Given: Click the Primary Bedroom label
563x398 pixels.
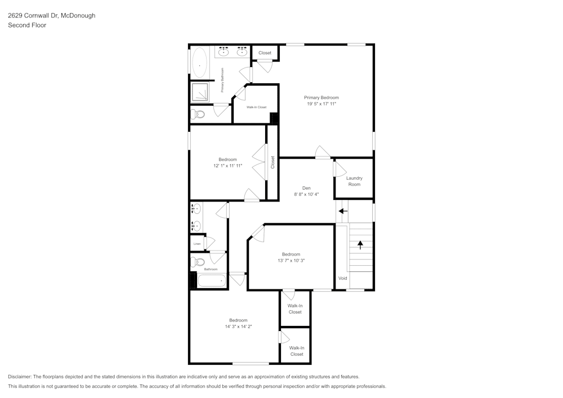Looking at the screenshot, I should point(321,97).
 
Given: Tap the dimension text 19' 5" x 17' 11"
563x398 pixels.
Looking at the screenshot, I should point(321,104).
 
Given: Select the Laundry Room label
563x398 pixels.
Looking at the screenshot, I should point(354,181).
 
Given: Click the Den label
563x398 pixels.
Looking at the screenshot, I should point(306,188).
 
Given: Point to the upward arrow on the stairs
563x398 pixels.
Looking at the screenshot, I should point(360,245).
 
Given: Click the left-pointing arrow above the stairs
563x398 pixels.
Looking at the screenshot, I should point(343,211).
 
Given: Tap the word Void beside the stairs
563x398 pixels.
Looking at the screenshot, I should point(342,279).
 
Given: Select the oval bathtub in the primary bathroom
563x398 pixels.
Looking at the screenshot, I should point(200,64).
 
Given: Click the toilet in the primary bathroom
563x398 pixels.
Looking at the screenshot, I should point(198,114).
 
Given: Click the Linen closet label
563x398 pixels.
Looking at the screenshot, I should point(197,244).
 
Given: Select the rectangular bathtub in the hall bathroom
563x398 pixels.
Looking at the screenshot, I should point(212,280).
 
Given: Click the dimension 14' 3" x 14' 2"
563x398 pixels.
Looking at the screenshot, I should point(238,327).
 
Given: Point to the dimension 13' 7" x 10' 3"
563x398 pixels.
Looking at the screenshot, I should point(291,261).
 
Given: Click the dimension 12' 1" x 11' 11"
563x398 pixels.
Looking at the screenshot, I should point(228,166).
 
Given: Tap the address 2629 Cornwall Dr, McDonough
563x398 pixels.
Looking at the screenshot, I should point(51,16).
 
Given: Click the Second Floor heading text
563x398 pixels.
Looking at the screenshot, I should point(27,25).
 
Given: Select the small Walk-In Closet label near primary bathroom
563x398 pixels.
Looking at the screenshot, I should point(256,107).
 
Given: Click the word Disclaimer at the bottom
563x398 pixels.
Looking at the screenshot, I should point(20,377).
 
